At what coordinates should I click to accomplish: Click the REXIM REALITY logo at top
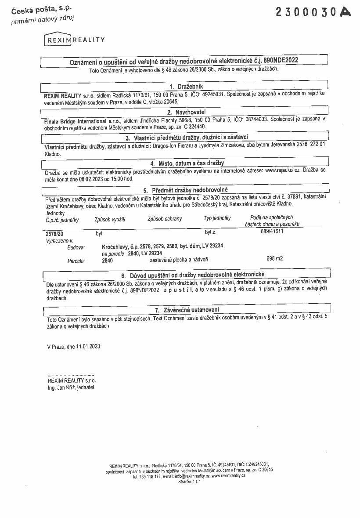75,40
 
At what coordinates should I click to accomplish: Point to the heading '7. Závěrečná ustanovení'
187,310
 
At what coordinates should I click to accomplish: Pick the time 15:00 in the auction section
117,179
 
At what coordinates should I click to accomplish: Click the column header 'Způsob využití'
110,219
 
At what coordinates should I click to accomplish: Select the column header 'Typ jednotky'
217,218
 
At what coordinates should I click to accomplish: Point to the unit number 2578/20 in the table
54,234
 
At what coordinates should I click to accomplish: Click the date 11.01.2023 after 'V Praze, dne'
88,346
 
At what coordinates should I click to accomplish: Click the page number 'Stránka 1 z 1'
189,482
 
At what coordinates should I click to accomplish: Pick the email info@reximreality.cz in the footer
193,476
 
